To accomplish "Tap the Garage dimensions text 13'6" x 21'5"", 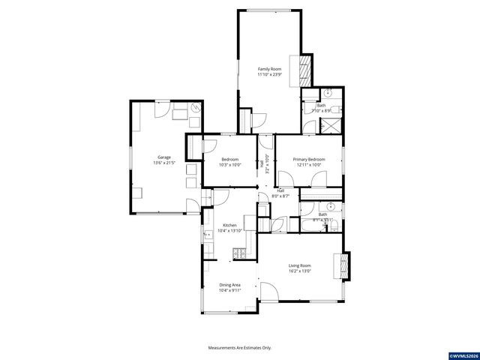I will pos(164,163).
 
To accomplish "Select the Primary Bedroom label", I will pos(309,159).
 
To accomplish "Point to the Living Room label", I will pos(300,265).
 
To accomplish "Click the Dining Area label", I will pos(229,285).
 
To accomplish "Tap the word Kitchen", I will pos(229,225).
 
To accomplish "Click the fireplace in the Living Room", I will pos(344,265).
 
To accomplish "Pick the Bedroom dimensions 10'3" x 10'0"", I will pos(229,165).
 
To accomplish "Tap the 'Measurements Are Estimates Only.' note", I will pos(239,347).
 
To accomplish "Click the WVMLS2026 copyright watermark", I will pos(463,354).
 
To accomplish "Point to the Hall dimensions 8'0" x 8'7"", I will pos(280,196).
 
